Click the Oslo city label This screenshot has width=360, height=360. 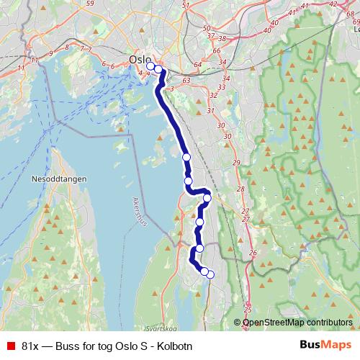pos(140,59)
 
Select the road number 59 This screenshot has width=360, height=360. pos(90,4)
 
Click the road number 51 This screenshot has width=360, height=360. pos(186,6)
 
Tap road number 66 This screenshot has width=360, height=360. pos(216,52)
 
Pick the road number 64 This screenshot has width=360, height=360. pos(198,66)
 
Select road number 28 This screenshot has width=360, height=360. pos(241,189)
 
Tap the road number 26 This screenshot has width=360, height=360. pos(252,253)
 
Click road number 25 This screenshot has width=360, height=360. pos(248,310)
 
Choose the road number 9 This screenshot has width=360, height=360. pos(51,53)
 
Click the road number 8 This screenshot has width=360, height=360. pos(66,48)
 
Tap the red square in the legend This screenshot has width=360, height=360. pos(10,346)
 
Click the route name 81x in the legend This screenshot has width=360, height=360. pos(30,346)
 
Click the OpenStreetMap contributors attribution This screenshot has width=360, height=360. pos(297,323)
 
